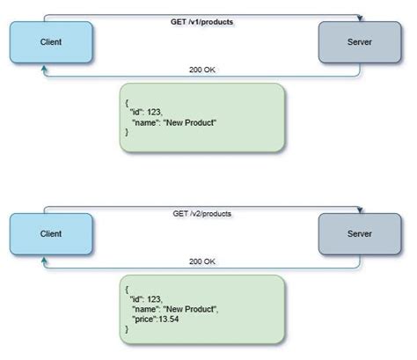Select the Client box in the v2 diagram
coord(50,234)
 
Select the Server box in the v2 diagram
coord(353,234)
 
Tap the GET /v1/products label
coord(201,22)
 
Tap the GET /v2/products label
coord(201,214)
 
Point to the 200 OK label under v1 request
coord(201,70)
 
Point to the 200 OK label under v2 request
coord(201,261)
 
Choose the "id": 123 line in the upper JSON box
coord(151,112)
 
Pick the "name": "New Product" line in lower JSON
coord(176,310)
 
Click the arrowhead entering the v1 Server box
coord(360,18)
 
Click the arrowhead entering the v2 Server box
coord(360,210)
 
